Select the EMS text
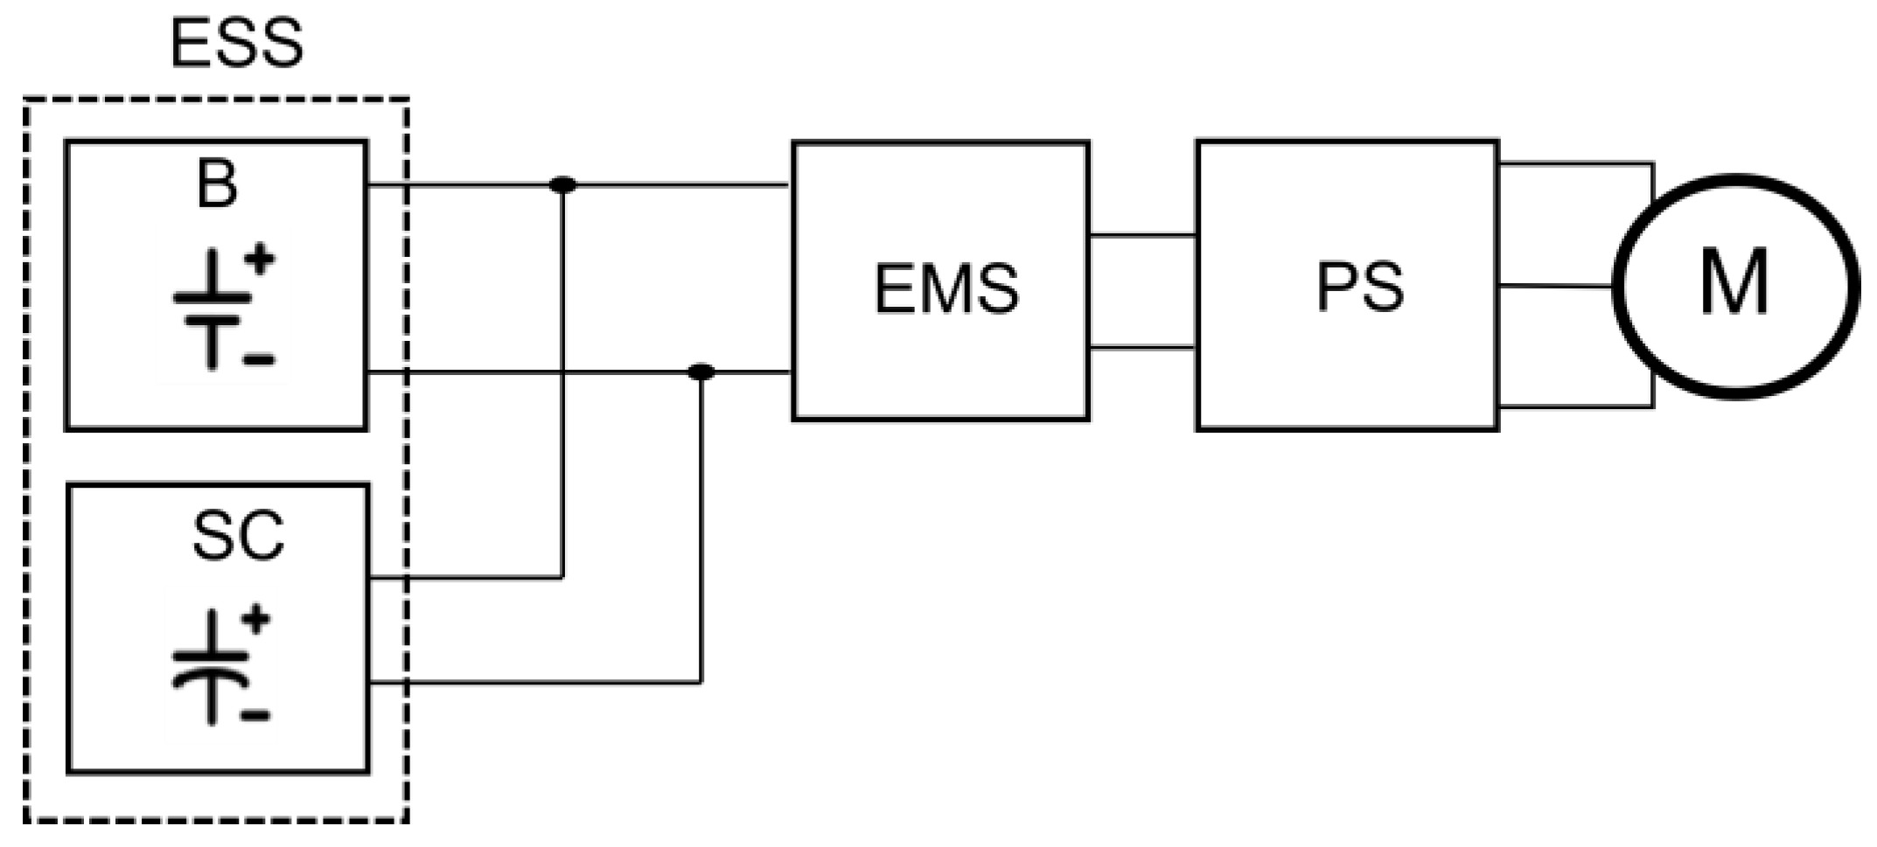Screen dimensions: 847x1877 946,289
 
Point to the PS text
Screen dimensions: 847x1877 1360,287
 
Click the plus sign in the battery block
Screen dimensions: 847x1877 259,260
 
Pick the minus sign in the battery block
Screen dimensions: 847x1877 259,359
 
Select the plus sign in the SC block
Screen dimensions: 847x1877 255,620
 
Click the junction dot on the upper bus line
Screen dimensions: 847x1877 562,185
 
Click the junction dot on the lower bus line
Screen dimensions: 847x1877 701,372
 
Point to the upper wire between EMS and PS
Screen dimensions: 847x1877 1142,235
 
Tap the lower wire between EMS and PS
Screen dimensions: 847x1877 1142,348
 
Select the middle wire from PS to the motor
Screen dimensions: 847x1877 1555,286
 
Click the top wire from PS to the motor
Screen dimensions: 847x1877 1574,163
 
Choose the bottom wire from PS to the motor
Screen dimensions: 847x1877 1574,406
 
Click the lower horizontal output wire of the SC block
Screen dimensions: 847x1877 534,683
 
